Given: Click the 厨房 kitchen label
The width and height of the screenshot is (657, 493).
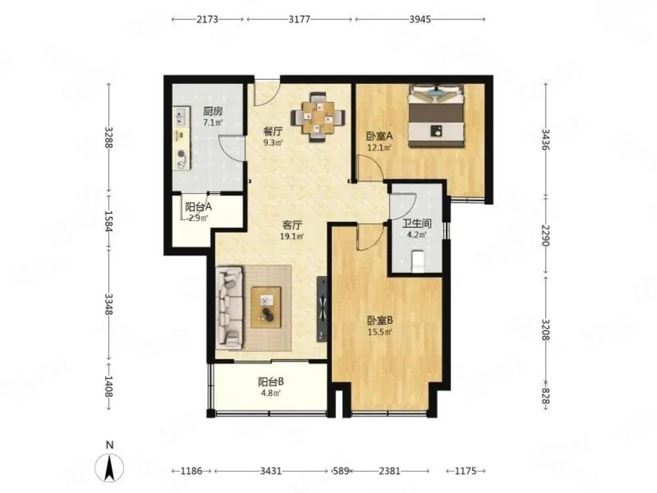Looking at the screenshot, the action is [x=213, y=112].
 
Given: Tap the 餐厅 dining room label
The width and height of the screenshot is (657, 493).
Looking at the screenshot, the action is [x=273, y=132].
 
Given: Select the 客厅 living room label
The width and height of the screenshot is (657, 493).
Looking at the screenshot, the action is [x=292, y=225].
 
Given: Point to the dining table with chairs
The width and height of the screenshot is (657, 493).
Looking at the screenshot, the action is [x=318, y=118].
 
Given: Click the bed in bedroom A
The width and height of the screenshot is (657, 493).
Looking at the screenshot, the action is [x=436, y=115].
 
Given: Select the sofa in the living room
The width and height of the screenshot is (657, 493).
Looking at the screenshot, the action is [x=229, y=308].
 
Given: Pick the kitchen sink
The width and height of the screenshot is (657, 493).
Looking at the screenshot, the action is [x=181, y=117].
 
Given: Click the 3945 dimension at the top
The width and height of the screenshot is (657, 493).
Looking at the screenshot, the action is [x=420, y=19].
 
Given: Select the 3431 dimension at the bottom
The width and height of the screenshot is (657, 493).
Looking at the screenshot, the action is [x=271, y=471].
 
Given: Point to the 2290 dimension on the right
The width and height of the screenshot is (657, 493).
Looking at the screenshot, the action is [x=545, y=235].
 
